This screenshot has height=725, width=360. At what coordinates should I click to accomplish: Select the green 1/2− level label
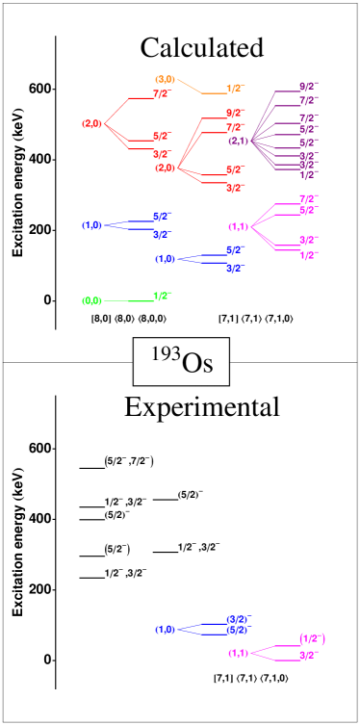(162, 297)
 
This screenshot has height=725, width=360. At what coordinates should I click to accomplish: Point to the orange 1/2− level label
(235, 89)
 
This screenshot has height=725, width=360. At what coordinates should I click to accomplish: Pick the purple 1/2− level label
(308, 175)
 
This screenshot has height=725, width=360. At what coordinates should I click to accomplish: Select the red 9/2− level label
(235, 114)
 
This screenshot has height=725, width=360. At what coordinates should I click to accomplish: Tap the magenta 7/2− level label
(308, 198)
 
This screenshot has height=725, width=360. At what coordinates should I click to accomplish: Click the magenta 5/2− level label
(308, 210)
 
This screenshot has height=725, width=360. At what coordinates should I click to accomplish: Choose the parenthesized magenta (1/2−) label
(311, 638)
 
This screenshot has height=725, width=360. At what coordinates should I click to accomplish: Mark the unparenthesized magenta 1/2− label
(308, 255)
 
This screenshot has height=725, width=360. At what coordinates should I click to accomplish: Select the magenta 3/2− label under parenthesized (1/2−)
(308, 655)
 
